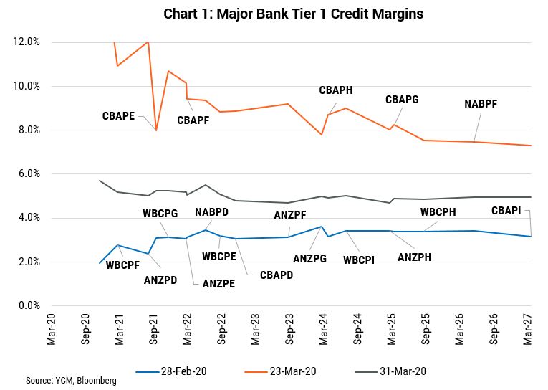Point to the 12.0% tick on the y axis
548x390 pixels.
click(x=27, y=42)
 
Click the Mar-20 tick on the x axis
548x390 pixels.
click(x=52, y=329)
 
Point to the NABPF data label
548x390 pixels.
click(x=481, y=103)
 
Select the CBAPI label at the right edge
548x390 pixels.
click(x=507, y=211)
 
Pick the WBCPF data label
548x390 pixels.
click(x=122, y=265)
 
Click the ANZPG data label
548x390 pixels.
click(x=309, y=258)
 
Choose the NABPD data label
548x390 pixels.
click(x=212, y=211)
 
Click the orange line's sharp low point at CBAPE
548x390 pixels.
click(x=156, y=130)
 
